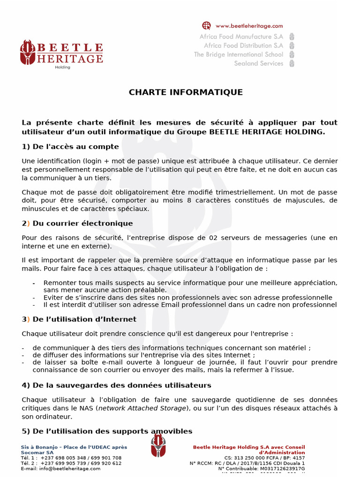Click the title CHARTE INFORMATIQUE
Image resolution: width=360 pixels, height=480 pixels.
pos(186,92)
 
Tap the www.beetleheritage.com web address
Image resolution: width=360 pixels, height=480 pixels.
pos(249,26)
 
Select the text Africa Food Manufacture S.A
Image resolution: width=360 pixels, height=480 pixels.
pos(242,36)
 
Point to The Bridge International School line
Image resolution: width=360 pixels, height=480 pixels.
pos(239,54)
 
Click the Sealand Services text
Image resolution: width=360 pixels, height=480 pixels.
pos(259,63)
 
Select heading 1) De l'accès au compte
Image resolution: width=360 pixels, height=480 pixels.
pos(70,147)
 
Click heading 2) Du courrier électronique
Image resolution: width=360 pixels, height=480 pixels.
pos(77,223)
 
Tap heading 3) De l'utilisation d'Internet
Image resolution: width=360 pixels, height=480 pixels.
pos(79,319)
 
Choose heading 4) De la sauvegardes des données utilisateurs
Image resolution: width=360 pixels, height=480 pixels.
pos(116,385)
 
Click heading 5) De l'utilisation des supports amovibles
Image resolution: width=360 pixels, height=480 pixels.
pos(107,431)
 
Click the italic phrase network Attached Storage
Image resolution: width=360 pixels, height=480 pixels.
pos(142,408)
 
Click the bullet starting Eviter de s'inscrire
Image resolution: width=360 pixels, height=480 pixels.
pos(187,298)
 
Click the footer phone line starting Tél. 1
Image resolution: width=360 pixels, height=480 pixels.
pos(71,457)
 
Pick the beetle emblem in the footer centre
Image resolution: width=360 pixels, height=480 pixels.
pos(158,446)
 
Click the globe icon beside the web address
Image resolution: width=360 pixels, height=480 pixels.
pos(206,26)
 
